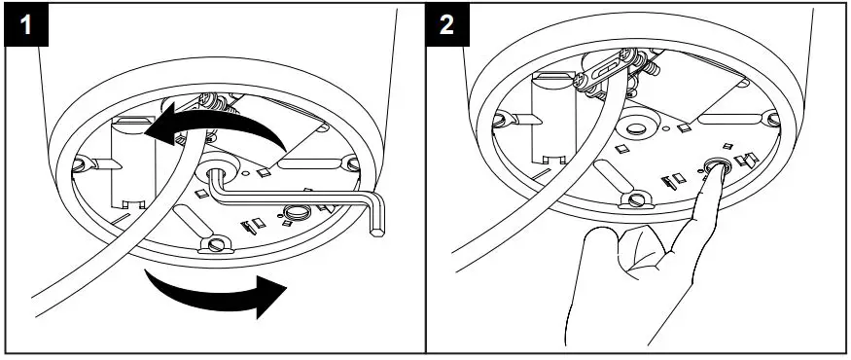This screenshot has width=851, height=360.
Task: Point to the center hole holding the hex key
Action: tap(216, 173)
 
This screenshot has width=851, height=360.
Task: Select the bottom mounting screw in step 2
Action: tap(636, 200)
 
